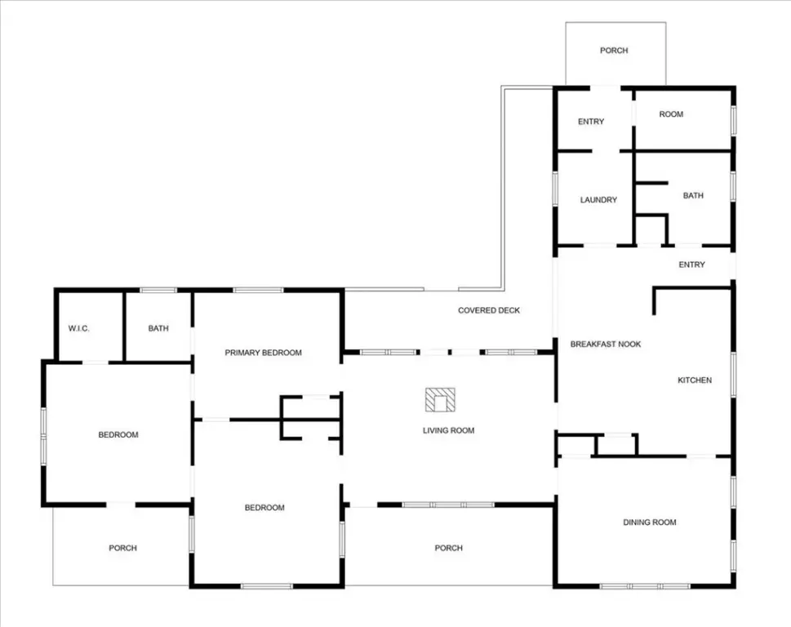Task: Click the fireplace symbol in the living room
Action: (440, 400)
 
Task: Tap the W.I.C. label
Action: (78, 328)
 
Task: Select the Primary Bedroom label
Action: (264, 353)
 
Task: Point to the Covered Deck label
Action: (489, 310)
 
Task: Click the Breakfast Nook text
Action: (606, 344)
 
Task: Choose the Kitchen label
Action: (695, 380)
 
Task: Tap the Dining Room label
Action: (650, 522)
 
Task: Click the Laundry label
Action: (598, 200)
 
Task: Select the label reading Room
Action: (671, 114)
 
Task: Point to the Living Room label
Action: (448, 430)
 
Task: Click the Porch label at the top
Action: (614, 51)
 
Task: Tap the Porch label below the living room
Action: (448, 548)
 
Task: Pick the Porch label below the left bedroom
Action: (122, 548)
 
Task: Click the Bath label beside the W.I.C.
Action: (158, 328)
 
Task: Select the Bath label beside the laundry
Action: (693, 195)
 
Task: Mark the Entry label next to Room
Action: (591, 122)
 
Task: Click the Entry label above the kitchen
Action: (691, 265)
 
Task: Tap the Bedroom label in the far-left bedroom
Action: (118, 435)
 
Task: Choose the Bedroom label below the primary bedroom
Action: (264, 508)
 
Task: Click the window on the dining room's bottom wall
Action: (645, 586)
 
